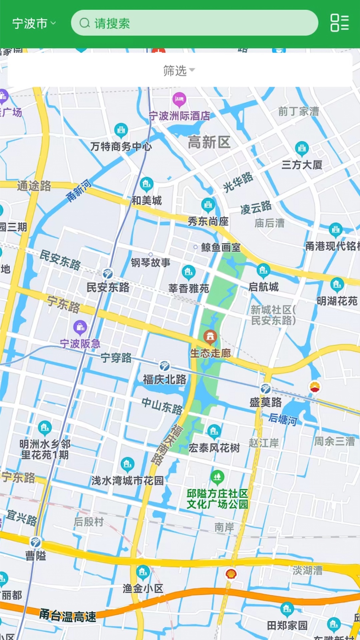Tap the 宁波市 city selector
pos(33,23)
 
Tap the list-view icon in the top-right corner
pos(339,23)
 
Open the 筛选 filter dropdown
pos(179,70)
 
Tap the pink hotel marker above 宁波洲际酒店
pos(179,99)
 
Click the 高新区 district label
pos(209,142)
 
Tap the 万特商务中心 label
pos(121,146)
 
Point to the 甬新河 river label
pos(79,191)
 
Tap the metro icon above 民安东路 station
pos(107,274)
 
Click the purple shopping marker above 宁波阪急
pos(80,328)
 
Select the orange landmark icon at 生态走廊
pos(210,337)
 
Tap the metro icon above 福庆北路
pos(164,366)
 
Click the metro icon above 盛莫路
pos(266,389)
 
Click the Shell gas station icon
pos(231,574)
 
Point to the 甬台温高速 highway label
pos(68,616)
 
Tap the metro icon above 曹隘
pos(35,542)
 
